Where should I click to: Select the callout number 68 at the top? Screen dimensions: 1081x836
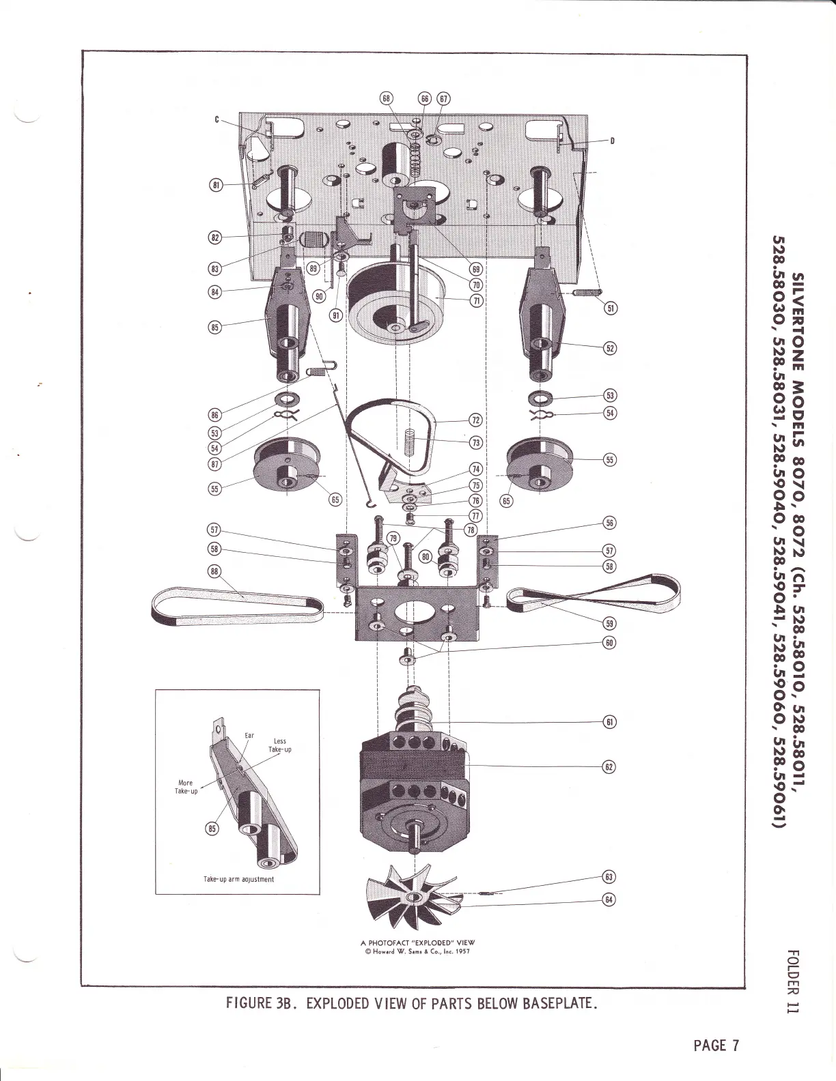[x=387, y=98]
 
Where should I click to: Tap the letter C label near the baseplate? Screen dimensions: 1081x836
[x=217, y=120]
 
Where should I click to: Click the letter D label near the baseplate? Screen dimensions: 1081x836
[x=612, y=141]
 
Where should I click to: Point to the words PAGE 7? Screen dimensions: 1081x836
[x=716, y=1045]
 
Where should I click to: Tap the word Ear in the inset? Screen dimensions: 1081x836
[x=249, y=736]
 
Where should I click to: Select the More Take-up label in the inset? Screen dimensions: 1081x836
[x=185, y=787]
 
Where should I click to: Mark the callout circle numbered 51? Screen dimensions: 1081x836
[x=611, y=308]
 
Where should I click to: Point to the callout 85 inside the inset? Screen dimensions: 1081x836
[x=212, y=828]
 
